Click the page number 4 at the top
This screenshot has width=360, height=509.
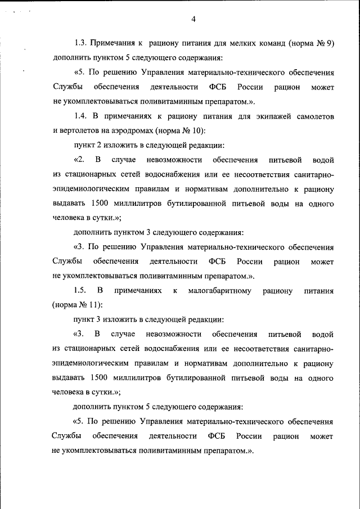click(x=193, y=20)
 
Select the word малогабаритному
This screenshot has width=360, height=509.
click(x=220, y=291)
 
